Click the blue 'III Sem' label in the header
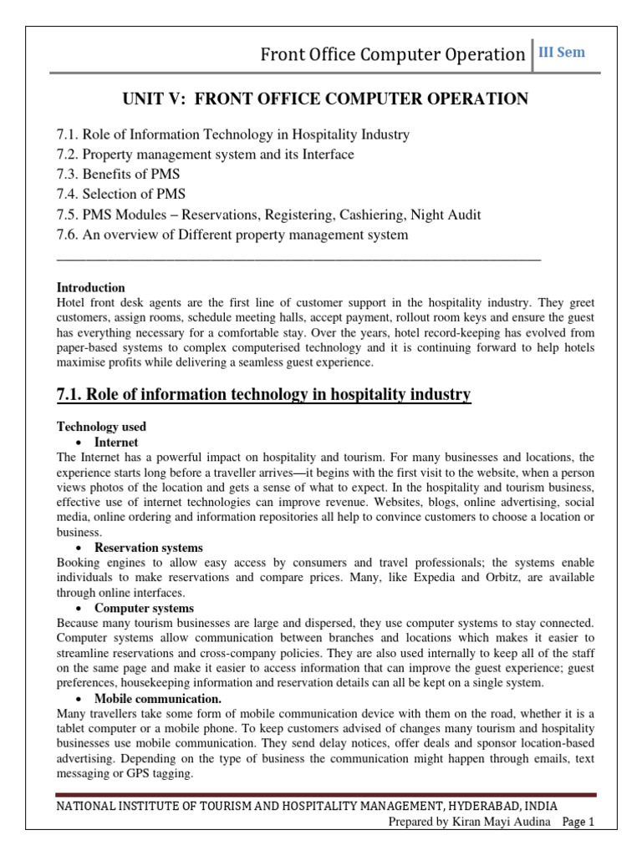pyautogui.click(x=563, y=53)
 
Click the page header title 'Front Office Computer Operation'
pyautogui.click(x=392, y=54)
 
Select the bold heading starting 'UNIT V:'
pyautogui.click(x=325, y=99)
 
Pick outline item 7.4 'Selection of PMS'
pyautogui.click(x=120, y=195)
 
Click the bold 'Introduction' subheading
pyautogui.click(x=90, y=288)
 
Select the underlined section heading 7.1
pyautogui.click(x=263, y=394)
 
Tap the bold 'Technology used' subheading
pyautogui.click(x=101, y=427)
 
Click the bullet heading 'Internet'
pyautogui.click(x=116, y=442)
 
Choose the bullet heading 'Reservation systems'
pyautogui.click(x=148, y=548)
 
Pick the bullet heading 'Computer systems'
pyautogui.click(x=144, y=608)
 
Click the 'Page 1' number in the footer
pyautogui.click(x=578, y=822)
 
